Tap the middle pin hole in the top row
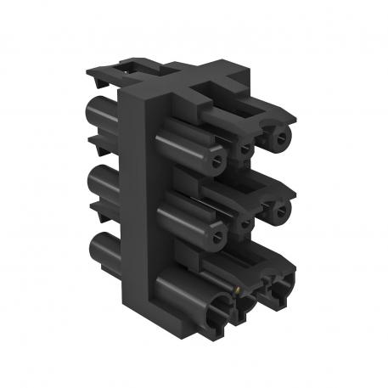click(244, 148)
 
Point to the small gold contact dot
click(238, 290)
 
